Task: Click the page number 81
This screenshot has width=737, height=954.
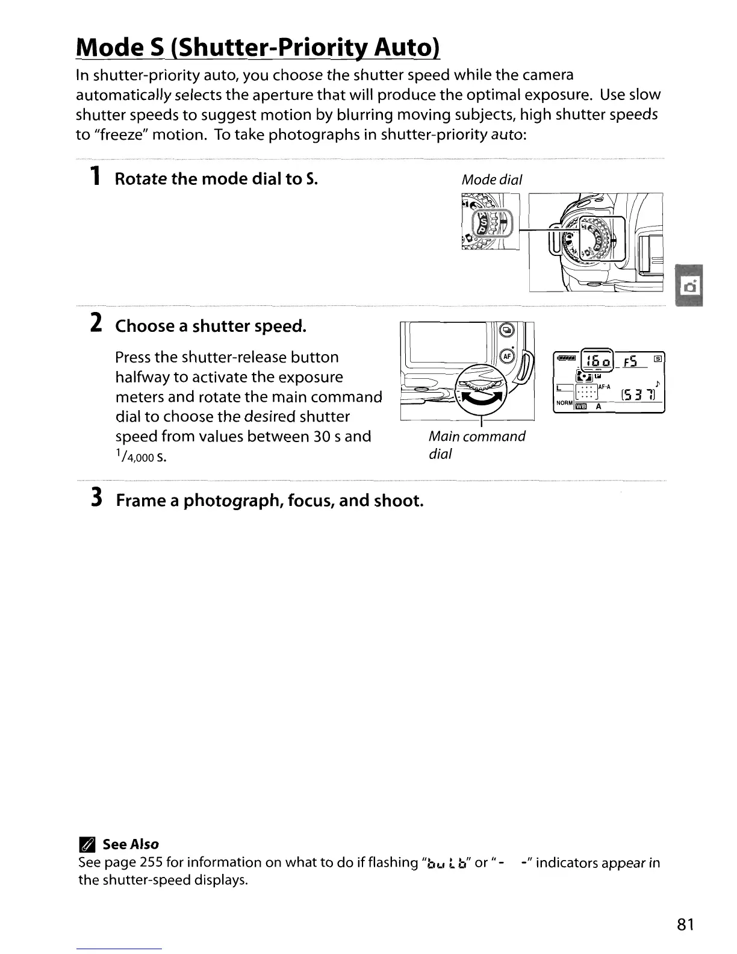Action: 685,924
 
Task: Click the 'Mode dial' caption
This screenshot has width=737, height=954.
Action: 491,179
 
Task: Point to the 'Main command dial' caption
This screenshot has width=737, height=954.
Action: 476,444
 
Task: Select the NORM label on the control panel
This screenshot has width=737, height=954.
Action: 564,402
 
